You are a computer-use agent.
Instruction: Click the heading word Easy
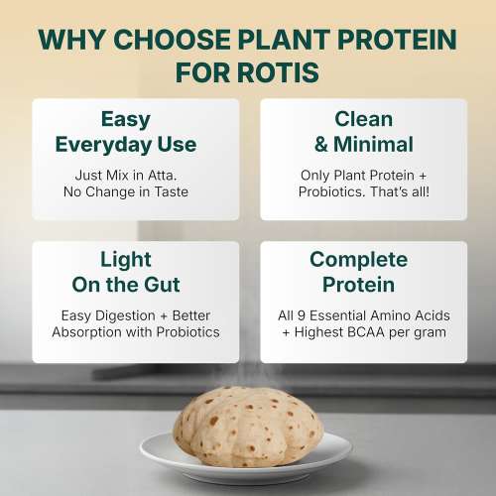coord(126,119)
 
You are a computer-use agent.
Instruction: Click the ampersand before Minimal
coord(320,145)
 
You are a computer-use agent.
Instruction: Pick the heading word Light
coord(126,260)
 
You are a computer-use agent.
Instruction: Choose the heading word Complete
coord(358,260)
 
